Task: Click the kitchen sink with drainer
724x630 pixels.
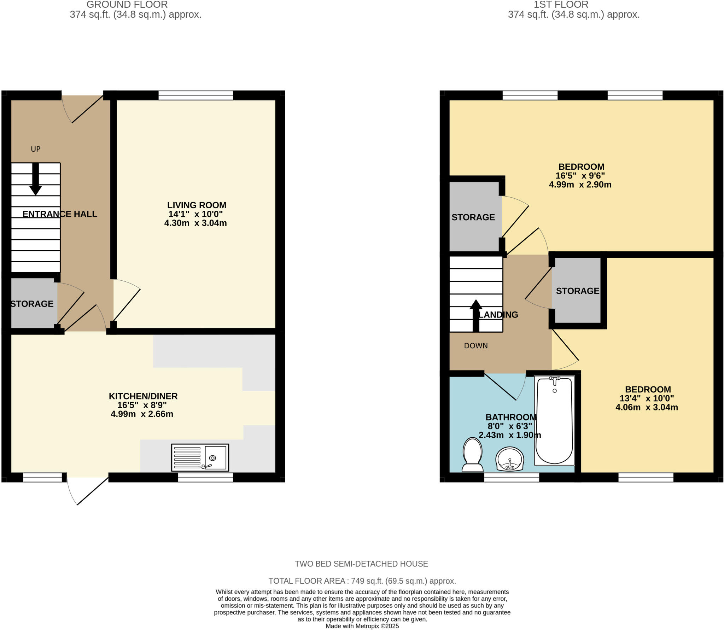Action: [x=200, y=457]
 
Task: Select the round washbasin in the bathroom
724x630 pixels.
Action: [x=510, y=459]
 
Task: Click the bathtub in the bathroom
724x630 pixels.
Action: [x=554, y=420]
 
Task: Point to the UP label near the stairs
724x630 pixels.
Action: [x=36, y=149]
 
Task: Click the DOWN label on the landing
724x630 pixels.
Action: [x=476, y=346]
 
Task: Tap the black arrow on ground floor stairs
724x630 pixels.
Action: [x=35, y=179]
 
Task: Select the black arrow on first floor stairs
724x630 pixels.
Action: [x=476, y=316]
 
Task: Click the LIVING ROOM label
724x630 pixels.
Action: [x=197, y=205]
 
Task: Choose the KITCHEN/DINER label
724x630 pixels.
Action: [x=143, y=396]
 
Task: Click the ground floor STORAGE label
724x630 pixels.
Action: [x=32, y=304]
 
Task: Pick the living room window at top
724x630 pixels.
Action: [x=196, y=95]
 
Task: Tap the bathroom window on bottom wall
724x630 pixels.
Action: [x=512, y=477]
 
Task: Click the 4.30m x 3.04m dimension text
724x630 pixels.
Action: [x=195, y=223]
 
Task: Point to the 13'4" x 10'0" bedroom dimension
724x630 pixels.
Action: [x=647, y=398]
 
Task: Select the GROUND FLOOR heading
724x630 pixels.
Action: [x=127, y=5]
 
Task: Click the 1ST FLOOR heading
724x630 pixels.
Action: [x=561, y=5]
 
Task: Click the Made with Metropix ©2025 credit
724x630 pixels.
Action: [x=362, y=626]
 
